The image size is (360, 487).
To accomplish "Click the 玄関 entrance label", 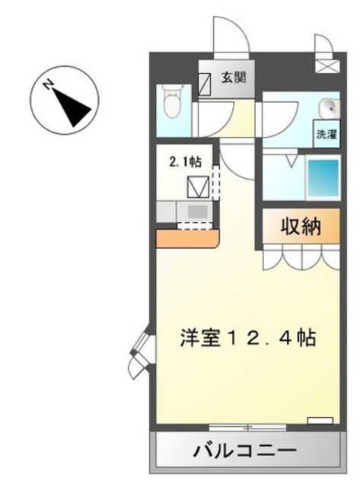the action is [233, 78].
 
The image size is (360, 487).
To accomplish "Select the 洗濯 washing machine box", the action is [327, 134].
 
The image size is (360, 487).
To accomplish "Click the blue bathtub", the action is [323, 177].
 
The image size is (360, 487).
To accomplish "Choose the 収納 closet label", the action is [301, 227].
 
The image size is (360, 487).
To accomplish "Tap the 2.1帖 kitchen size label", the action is [185, 161].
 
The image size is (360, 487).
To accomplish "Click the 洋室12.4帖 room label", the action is [248, 338].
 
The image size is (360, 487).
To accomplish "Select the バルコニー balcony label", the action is [245, 450].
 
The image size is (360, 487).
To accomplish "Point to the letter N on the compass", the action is [48, 84].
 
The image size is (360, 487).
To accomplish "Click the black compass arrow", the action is [72, 107].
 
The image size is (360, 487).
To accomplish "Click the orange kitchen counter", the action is [187, 238].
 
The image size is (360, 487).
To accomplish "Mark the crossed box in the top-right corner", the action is [328, 66].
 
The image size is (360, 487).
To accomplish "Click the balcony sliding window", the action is [247, 428].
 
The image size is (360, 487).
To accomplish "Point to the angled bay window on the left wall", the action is [142, 351].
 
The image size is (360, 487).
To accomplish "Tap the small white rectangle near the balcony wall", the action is [320, 421].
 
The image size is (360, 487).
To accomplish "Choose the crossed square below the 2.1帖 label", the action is [198, 186].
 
